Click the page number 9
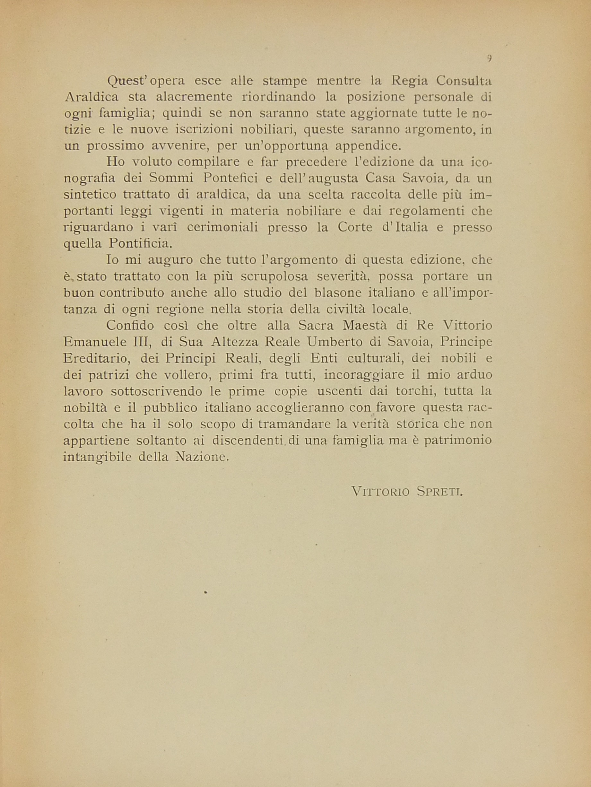[489, 59]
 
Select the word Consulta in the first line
[464, 81]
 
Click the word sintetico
[90, 194]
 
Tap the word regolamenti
[427, 211]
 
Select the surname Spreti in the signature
[440, 492]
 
